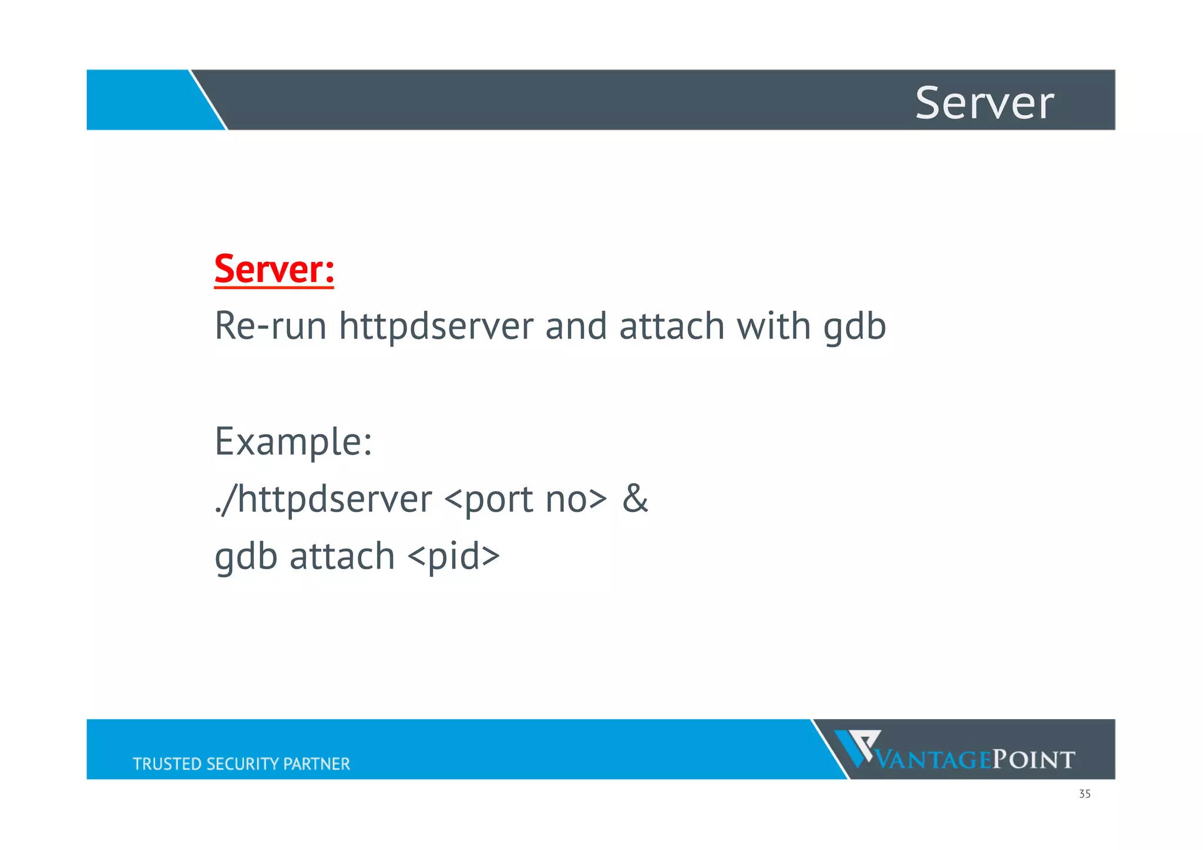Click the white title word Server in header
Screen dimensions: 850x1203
[984, 103]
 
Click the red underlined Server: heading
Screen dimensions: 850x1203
[274, 269]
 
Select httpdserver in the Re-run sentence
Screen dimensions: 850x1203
[436, 326]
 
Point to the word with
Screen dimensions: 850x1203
[774, 326]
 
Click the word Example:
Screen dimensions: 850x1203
[293, 442]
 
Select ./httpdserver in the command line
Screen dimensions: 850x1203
[323, 499]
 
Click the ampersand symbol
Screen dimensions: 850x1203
[635, 499]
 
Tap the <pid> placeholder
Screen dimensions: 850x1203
[453, 556]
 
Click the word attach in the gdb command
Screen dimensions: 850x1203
[342, 556]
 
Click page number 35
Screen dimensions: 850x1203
[1084, 794]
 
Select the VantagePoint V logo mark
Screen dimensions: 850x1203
[857, 747]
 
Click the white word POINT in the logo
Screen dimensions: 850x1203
[1033, 760]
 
